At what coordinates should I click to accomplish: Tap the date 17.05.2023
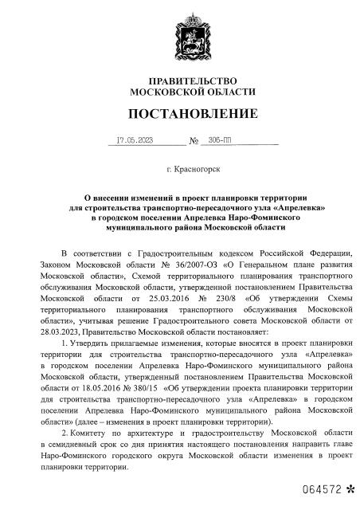[134, 139]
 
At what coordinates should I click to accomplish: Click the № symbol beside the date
[194, 141]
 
